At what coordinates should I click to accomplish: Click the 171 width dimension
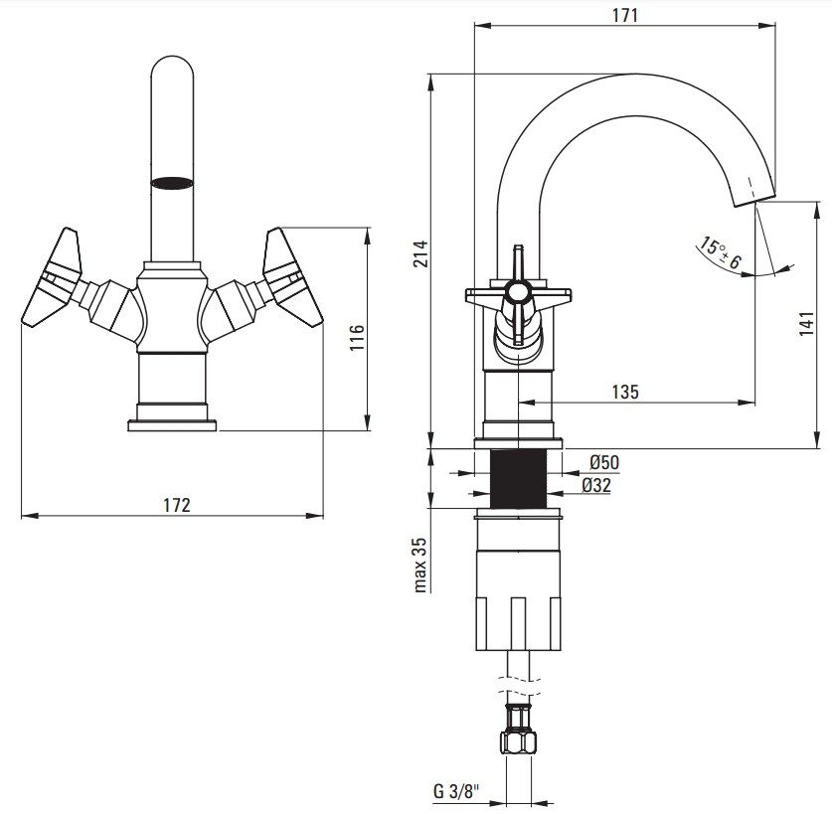point(624,15)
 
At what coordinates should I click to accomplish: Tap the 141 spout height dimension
point(807,324)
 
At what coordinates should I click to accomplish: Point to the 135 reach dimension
point(624,392)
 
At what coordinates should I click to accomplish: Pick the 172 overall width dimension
point(175,505)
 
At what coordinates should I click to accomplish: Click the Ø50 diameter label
point(604,462)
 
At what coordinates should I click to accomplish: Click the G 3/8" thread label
point(457,792)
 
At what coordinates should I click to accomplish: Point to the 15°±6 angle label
point(719,254)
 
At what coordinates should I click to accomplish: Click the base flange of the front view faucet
point(172,424)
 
